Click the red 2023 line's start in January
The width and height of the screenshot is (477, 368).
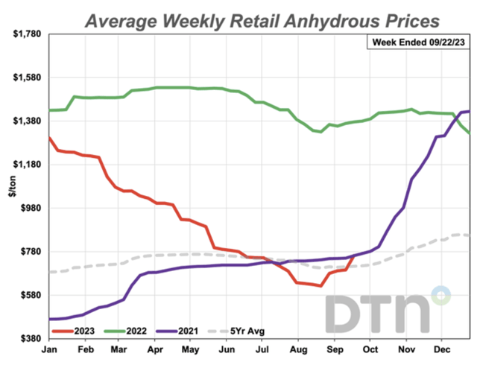coord(49,137)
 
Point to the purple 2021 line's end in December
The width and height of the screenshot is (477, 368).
coord(469,111)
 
